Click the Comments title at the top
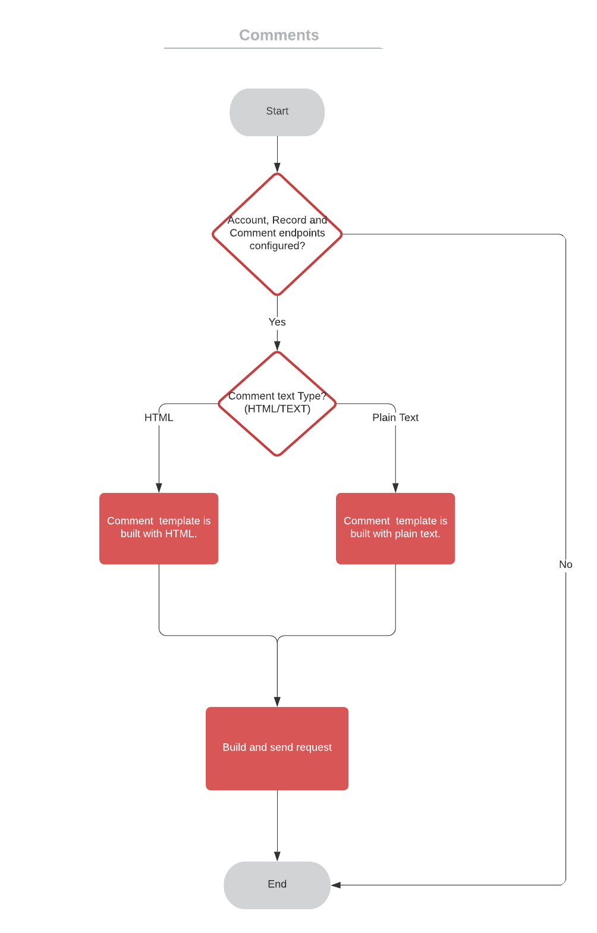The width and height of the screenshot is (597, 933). click(x=279, y=35)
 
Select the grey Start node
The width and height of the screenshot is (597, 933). click(x=277, y=112)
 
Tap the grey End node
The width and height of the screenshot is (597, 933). click(x=277, y=884)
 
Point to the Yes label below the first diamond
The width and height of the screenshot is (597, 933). click(x=277, y=322)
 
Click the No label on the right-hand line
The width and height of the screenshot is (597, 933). click(x=565, y=564)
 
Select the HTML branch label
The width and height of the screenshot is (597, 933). click(x=159, y=417)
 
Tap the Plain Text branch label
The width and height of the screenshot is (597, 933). click(x=395, y=417)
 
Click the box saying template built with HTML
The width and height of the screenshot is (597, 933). click(x=159, y=528)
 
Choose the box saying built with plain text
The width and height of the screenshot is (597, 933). click(x=395, y=528)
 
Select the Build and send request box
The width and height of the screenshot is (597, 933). click(x=277, y=748)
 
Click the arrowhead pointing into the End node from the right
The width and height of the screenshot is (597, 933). click(x=336, y=885)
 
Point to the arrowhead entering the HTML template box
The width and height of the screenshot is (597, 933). click(x=159, y=488)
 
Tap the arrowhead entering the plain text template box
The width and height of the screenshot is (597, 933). click(x=395, y=488)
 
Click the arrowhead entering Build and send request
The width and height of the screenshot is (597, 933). click(x=277, y=702)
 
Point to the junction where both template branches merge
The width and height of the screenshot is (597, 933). click(x=277, y=637)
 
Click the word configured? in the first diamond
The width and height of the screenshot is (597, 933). click(x=277, y=246)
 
